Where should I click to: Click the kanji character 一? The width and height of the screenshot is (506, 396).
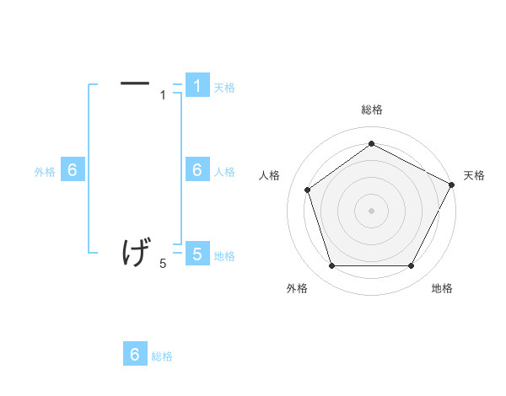pyautogui.click(x=135, y=83)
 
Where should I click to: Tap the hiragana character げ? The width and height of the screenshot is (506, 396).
pyautogui.click(x=136, y=252)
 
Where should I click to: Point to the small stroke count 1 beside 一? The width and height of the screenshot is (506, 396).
pyautogui.click(x=163, y=95)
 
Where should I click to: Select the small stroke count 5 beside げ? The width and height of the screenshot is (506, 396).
pyautogui.click(x=163, y=265)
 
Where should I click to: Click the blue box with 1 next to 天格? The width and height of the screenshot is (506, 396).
pyautogui.click(x=196, y=85)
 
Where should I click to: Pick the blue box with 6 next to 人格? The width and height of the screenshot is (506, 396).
pyautogui.click(x=196, y=170)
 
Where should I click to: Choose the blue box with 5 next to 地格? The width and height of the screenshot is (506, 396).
pyautogui.click(x=196, y=254)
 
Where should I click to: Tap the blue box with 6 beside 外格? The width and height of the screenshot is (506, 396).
pyautogui.click(x=73, y=170)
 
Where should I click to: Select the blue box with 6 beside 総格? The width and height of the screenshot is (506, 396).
pyautogui.click(x=135, y=355)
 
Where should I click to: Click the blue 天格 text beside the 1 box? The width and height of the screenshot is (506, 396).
pyautogui.click(x=224, y=87)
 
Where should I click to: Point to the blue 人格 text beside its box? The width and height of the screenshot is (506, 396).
pyautogui.click(x=224, y=172)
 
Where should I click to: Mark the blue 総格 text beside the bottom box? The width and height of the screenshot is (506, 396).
pyautogui.click(x=162, y=356)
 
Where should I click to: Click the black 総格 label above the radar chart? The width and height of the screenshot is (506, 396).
pyautogui.click(x=371, y=110)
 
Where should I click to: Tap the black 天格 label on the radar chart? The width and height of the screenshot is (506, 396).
pyautogui.click(x=474, y=175)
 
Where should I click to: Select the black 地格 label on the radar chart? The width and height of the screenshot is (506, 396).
pyautogui.click(x=442, y=288)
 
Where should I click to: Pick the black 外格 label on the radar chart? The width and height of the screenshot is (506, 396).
pyautogui.click(x=297, y=288)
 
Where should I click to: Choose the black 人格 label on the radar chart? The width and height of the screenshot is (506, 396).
pyautogui.click(x=269, y=175)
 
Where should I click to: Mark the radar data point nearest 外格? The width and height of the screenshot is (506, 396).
pyautogui.click(x=331, y=265)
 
